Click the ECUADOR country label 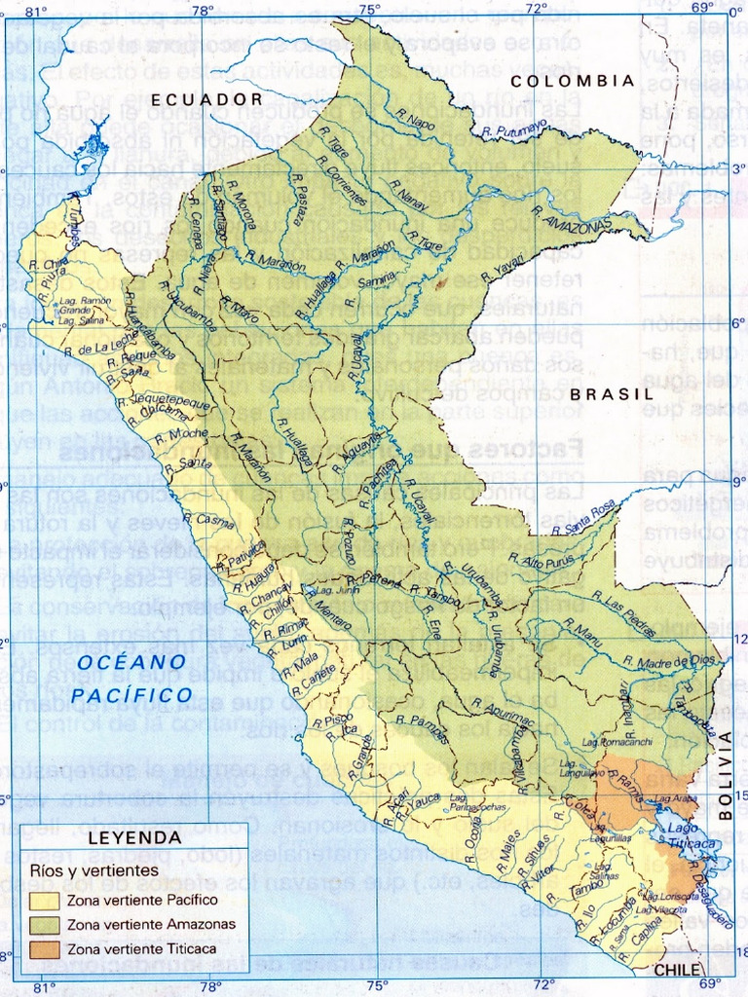206,99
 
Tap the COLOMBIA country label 573,81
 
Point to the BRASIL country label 611,394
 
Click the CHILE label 677,971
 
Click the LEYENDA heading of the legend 134,837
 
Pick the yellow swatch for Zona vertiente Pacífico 45,901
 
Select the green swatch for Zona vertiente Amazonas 45,924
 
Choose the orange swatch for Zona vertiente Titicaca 45,947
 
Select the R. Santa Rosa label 583,518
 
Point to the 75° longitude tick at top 369,10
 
